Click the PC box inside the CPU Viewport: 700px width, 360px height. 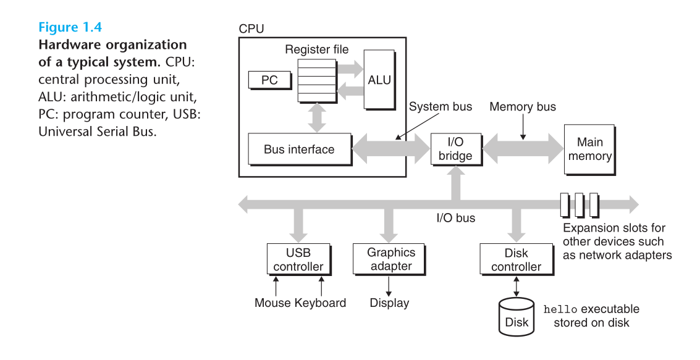click(270, 80)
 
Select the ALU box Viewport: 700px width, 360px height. click(379, 80)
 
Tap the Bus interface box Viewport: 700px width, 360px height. click(300, 149)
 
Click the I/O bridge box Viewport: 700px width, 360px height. click(456, 149)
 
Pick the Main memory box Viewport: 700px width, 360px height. click(590, 149)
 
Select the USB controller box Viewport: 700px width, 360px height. click(298, 259)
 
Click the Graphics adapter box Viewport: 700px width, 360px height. click(389, 259)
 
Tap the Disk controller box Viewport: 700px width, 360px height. click(517, 259)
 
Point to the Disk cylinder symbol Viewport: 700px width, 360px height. click(517, 317)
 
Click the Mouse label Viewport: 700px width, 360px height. click(272, 303)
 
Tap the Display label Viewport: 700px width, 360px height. click(389, 303)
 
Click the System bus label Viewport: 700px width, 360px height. click(441, 107)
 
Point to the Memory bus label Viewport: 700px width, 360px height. click(523, 107)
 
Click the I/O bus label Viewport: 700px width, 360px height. click(456, 218)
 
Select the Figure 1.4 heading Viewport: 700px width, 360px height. click(70, 27)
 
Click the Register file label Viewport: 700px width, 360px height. click(317, 49)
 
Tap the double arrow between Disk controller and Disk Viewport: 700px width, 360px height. click(517, 287)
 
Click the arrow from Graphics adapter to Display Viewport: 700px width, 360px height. click(389, 287)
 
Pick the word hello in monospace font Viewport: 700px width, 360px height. click(560, 309)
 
